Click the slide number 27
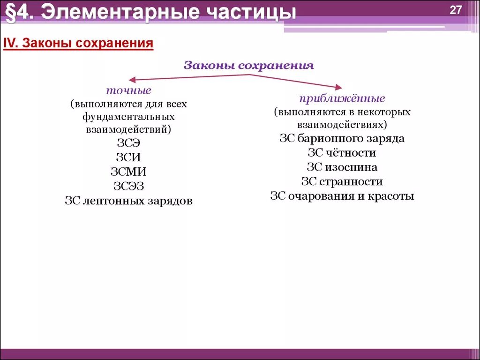coord(456,11)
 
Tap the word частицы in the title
coord(250,13)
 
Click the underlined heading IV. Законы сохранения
coord(79,44)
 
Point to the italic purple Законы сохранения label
coord(248,66)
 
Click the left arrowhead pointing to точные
coord(133,80)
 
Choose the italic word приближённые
coord(342,99)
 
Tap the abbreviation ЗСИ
coord(128,157)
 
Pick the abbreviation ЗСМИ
coord(128,172)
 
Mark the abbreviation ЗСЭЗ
coord(128,187)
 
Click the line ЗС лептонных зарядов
coord(128,201)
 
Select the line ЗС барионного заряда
coord(342,139)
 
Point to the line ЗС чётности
coord(342,153)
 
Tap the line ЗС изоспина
coord(342,167)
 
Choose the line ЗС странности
coord(342,181)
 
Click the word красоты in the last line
coord(390,196)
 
